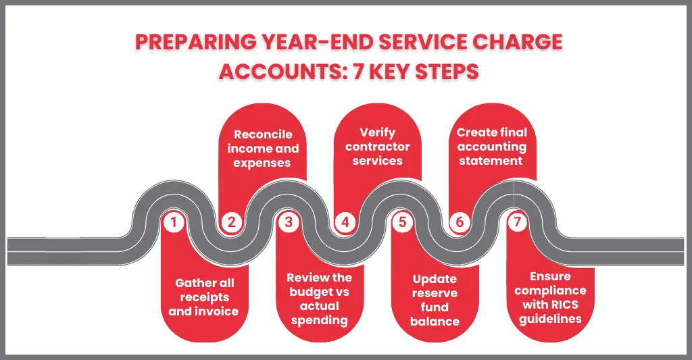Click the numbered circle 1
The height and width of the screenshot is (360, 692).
(174, 222)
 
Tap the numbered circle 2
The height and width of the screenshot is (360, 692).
(231, 222)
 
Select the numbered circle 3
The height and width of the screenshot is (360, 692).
(289, 222)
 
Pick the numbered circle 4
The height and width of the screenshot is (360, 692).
(345, 222)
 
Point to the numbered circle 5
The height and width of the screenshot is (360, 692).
(403, 222)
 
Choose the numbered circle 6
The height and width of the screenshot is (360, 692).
(460, 222)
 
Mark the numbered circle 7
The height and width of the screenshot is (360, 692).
(516, 222)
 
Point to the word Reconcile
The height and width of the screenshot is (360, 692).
(263, 134)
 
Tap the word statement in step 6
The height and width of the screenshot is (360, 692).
(491, 160)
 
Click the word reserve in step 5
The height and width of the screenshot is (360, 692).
(435, 293)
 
